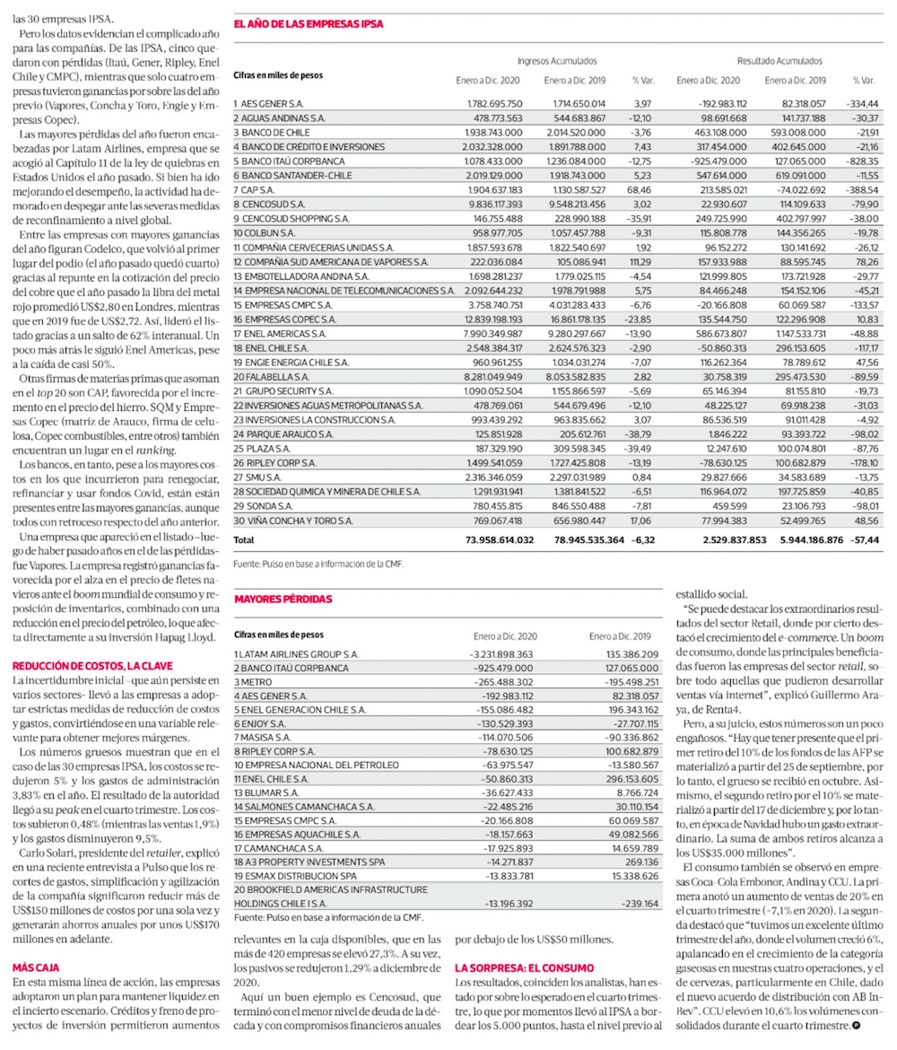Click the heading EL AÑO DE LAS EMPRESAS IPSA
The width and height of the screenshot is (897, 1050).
coord(308,24)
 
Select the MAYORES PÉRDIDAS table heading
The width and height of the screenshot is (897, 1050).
coord(283,598)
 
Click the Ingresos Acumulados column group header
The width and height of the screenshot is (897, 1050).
coord(557,61)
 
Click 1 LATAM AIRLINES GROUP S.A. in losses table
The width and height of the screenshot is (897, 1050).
coord(297,654)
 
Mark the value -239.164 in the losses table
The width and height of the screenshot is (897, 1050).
coord(638,903)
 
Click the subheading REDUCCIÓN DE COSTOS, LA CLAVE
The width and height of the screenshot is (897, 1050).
coord(91,666)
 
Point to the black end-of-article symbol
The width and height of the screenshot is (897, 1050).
coord(856,1025)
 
